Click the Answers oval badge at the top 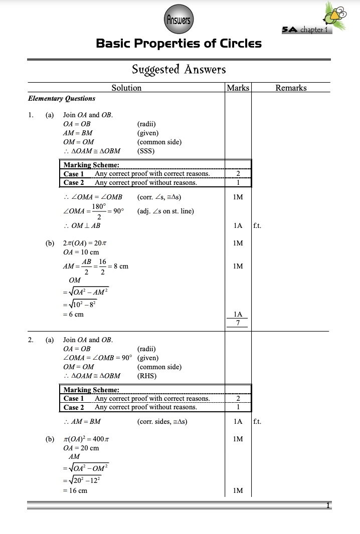[178, 21]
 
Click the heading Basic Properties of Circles [178, 44]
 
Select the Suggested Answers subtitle [178, 69]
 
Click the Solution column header [126, 88]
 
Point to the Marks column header [238, 88]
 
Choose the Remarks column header [291, 88]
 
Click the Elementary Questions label [62, 99]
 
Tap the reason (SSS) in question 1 [146, 151]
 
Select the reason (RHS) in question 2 [146, 376]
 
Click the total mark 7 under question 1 [238, 323]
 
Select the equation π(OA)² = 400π [86, 439]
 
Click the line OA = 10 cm [81, 252]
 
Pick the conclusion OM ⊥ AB [82, 225]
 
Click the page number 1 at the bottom [328, 505]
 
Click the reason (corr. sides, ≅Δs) [162, 421]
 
